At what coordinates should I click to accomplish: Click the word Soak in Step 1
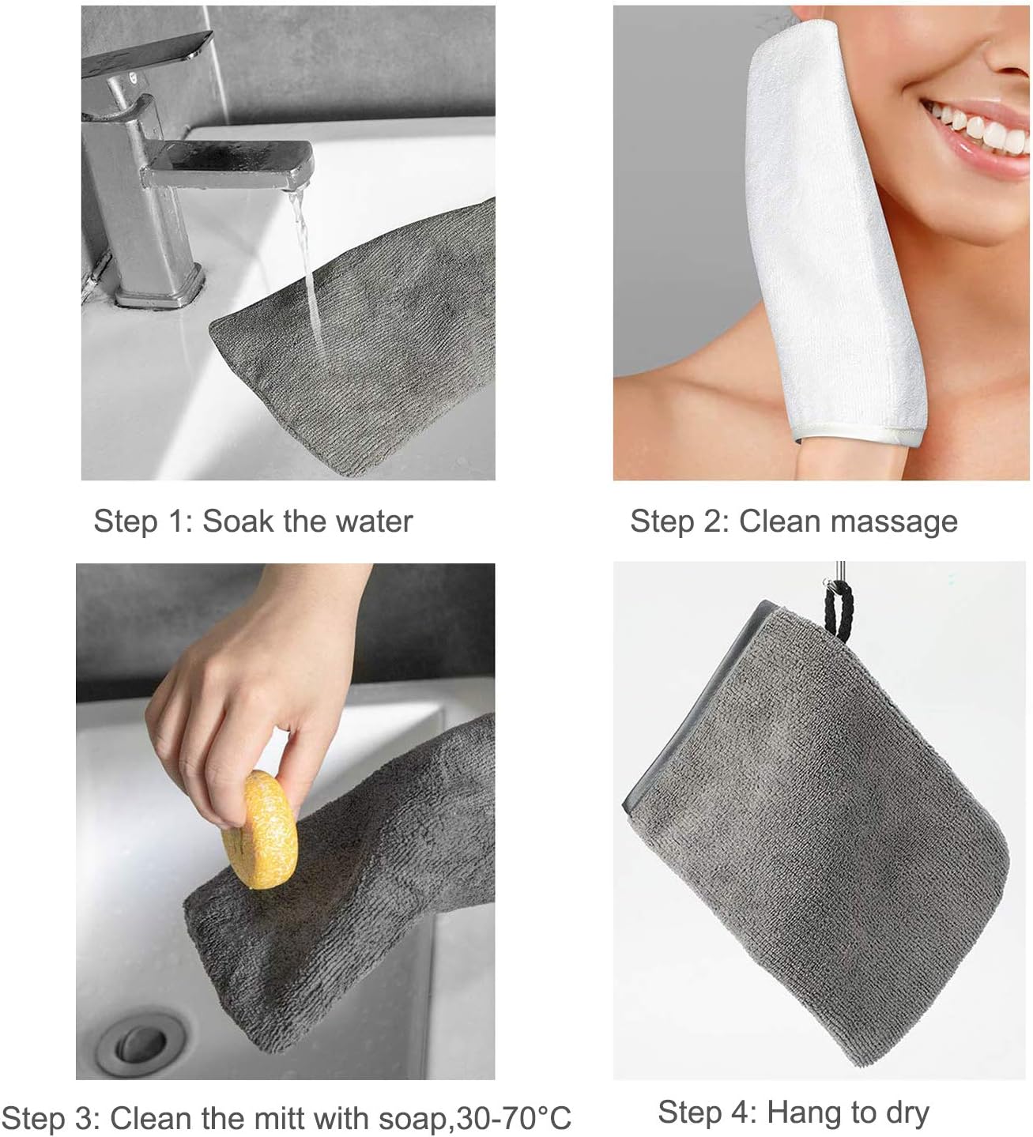(235, 521)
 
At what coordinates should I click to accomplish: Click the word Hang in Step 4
(804, 1113)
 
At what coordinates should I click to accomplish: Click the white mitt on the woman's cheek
(822, 237)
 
